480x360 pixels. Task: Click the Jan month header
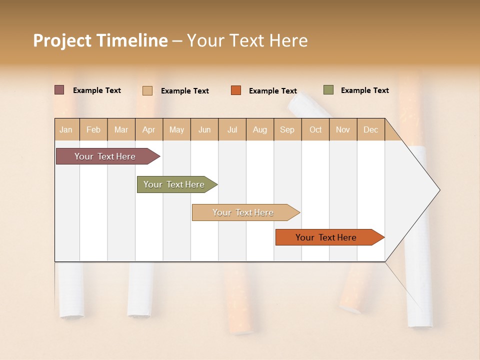66,130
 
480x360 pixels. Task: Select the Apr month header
149,130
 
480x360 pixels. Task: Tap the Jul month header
232,130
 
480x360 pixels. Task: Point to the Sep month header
287,130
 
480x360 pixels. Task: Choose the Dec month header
371,130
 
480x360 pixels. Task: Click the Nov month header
343,130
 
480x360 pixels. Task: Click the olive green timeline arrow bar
174,184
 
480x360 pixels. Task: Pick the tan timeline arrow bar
243,212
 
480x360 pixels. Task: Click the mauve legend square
59,90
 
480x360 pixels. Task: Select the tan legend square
147,90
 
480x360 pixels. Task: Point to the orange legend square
236,90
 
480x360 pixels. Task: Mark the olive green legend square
328,90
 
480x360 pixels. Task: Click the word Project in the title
61,40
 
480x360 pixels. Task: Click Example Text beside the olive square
364,90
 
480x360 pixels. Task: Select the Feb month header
93,130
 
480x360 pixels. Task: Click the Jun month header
204,130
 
